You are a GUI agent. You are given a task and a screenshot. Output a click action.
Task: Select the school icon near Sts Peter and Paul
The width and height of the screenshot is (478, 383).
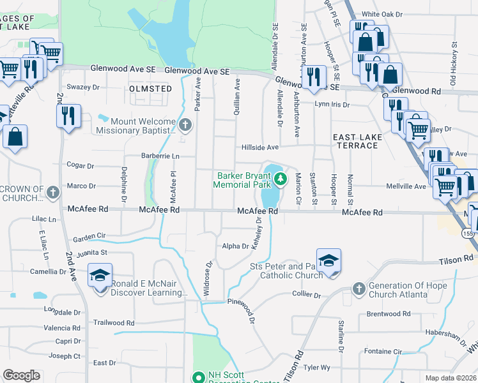[x=328, y=260]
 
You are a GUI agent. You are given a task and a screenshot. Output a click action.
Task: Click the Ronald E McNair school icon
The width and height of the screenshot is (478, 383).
[x=100, y=275]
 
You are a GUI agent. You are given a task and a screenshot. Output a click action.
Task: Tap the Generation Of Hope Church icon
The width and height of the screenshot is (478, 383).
[x=358, y=289]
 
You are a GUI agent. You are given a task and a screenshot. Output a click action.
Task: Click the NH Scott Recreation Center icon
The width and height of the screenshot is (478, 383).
[x=198, y=377]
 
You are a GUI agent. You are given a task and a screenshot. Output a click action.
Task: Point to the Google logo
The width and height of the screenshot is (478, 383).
[x=22, y=375]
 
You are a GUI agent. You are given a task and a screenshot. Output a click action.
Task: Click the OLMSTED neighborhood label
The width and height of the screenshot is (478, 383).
[x=150, y=89]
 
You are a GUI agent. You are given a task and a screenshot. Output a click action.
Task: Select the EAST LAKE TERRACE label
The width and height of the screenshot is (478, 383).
[x=357, y=141]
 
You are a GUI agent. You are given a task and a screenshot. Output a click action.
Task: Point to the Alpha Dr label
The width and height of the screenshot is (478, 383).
[x=235, y=246]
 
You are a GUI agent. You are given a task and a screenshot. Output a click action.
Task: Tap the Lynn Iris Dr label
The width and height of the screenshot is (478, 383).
[x=332, y=104]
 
